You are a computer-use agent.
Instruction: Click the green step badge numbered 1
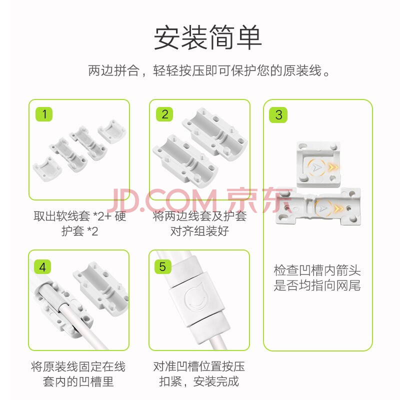tap(44, 114)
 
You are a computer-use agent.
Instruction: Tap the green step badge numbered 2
tap(164, 114)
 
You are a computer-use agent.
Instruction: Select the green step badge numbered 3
tap(278, 115)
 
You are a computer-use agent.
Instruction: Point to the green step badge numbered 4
tap(42, 267)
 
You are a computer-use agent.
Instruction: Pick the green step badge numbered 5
tap(163, 266)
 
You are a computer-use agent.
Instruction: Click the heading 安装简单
tap(207, 37)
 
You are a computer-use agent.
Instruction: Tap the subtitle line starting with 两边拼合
tap(209, 70)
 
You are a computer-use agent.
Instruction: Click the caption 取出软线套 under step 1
tap(61, 216)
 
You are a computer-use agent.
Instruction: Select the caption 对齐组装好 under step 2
tap(199, 231)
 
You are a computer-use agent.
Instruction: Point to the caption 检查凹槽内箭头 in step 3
tap(317, 270)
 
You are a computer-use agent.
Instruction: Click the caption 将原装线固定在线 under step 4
tap(78, 367)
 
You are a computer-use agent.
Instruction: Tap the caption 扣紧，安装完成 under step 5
tap(199, 381)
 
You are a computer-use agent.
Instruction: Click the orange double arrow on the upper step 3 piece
tap(333, 167)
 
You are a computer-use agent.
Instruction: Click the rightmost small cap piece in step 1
tap(112, 131)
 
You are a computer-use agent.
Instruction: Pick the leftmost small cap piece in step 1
tap(47, 168)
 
